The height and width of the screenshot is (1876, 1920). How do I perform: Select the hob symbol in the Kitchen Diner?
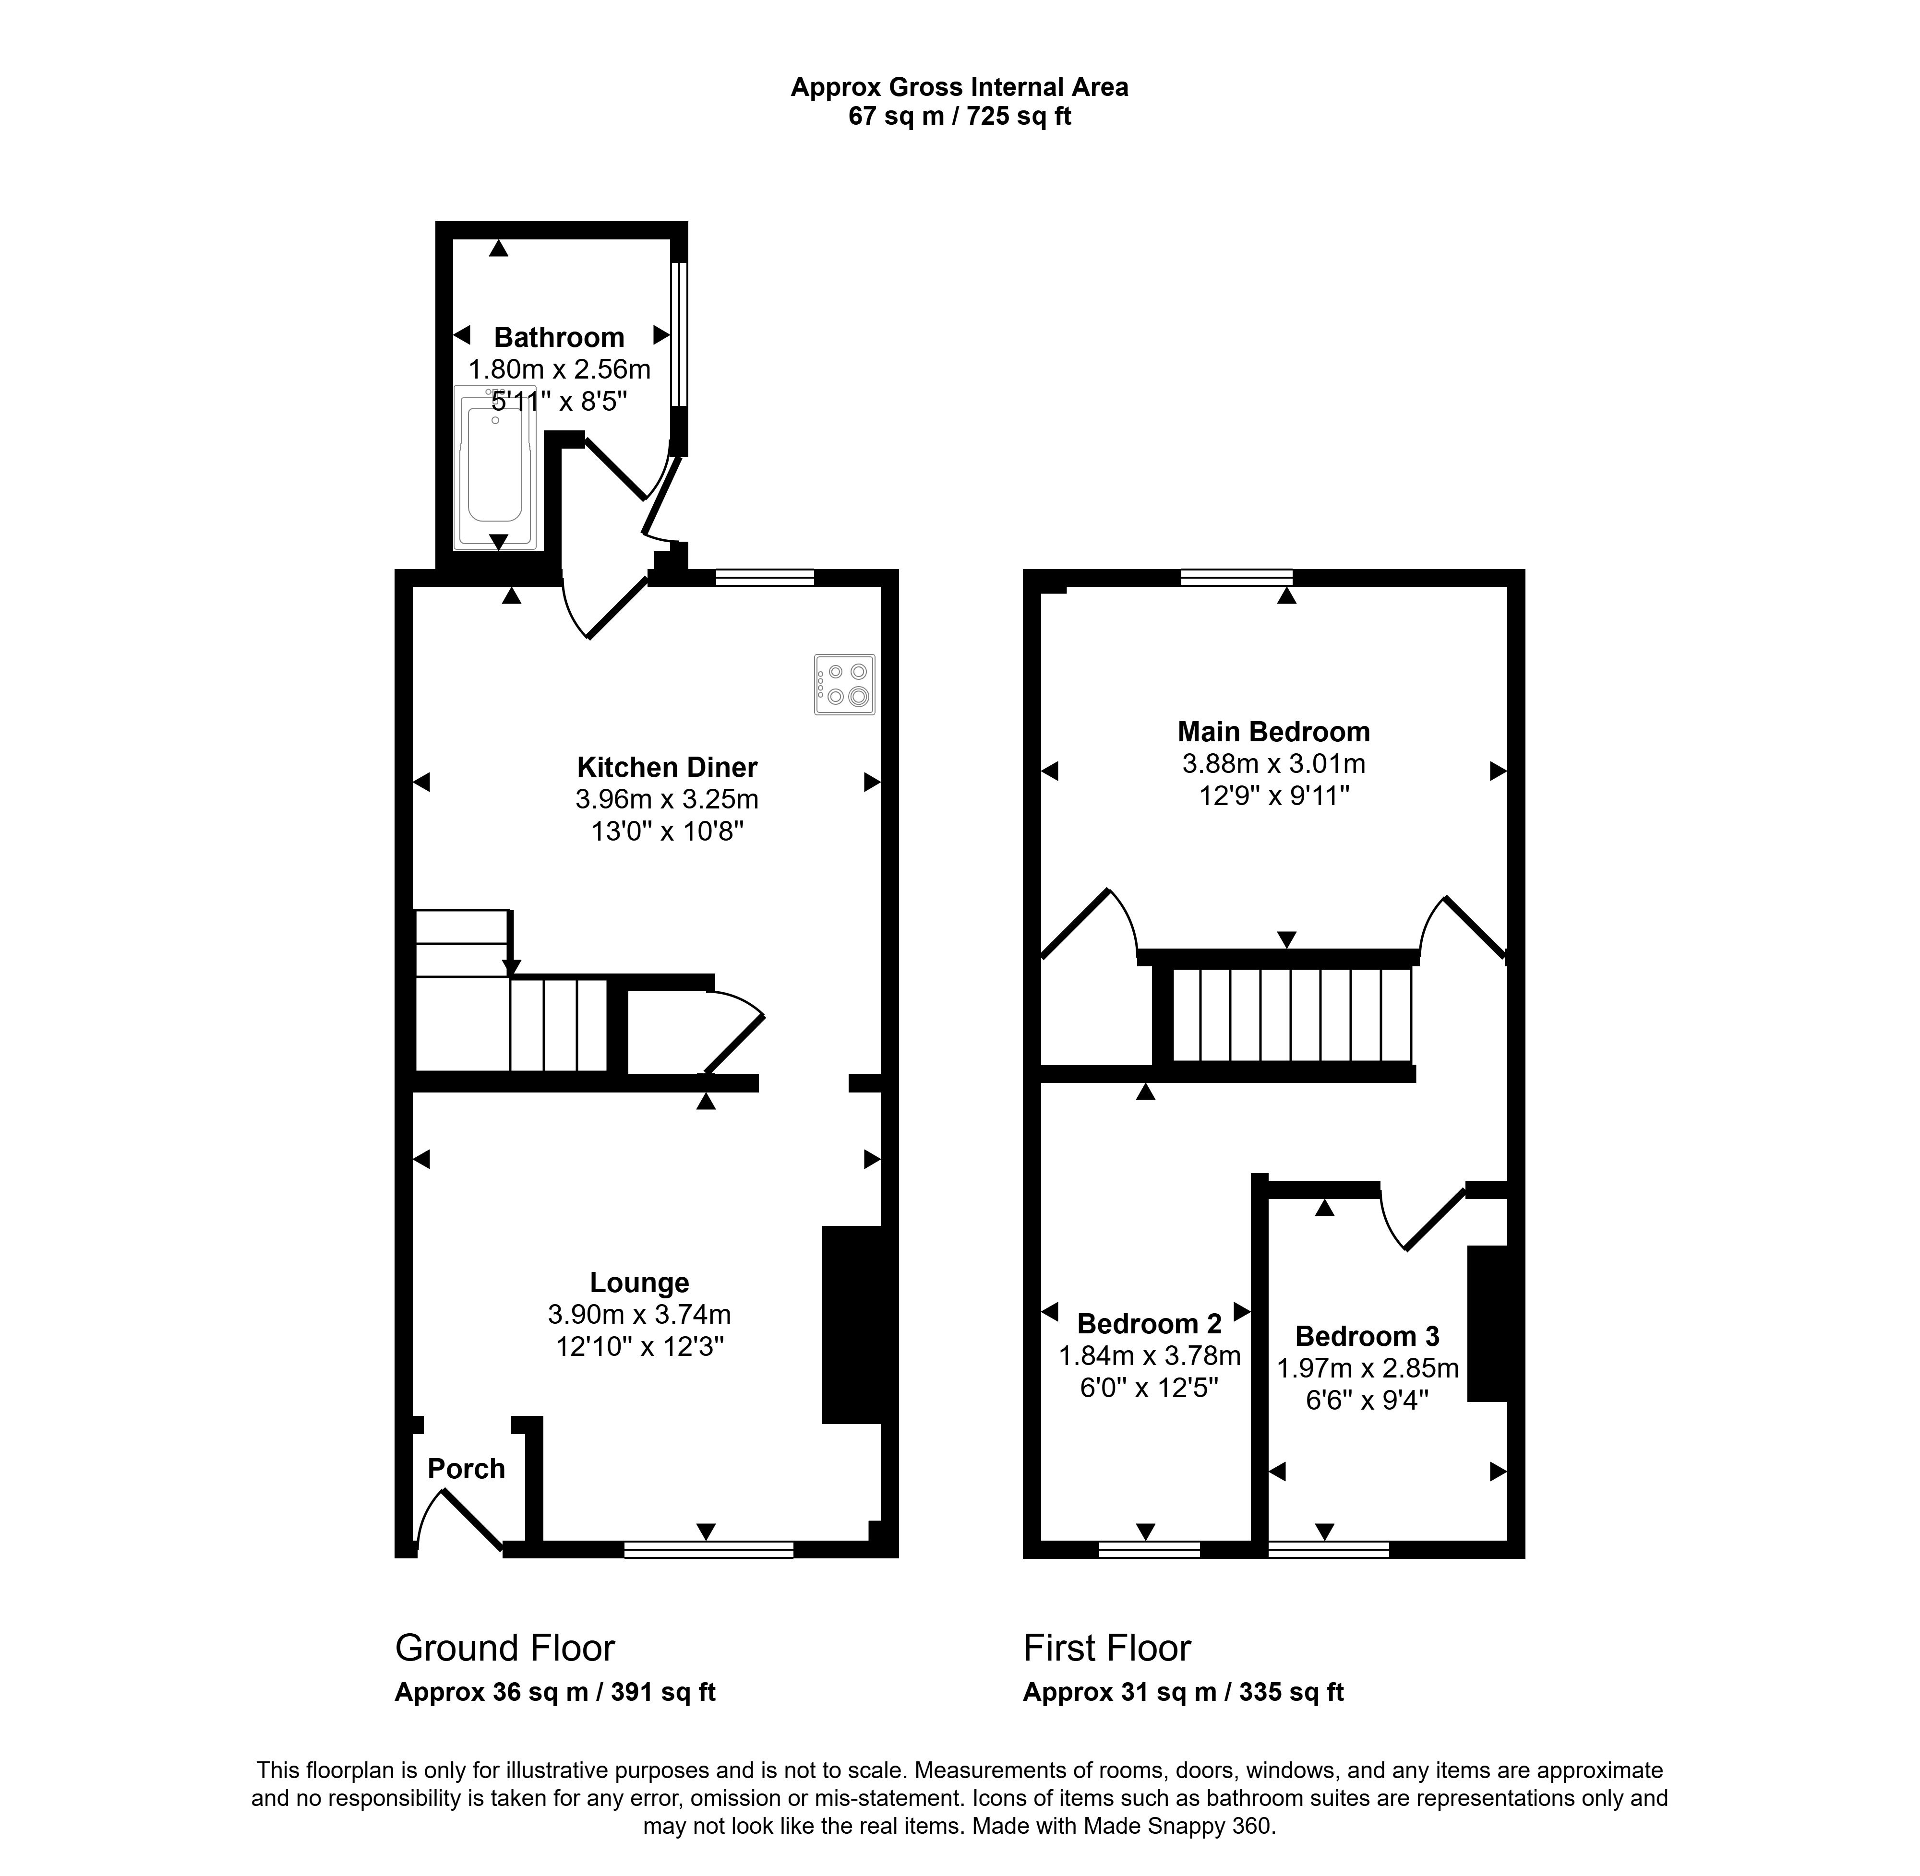pos(845,684)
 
